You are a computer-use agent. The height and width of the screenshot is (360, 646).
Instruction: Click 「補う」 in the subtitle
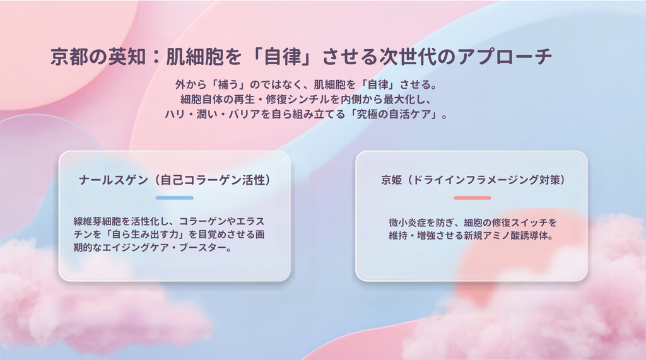[228, 85]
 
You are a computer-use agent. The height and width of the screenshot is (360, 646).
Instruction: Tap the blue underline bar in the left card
[175, 198]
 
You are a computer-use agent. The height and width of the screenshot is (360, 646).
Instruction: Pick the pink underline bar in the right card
[472, 198]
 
